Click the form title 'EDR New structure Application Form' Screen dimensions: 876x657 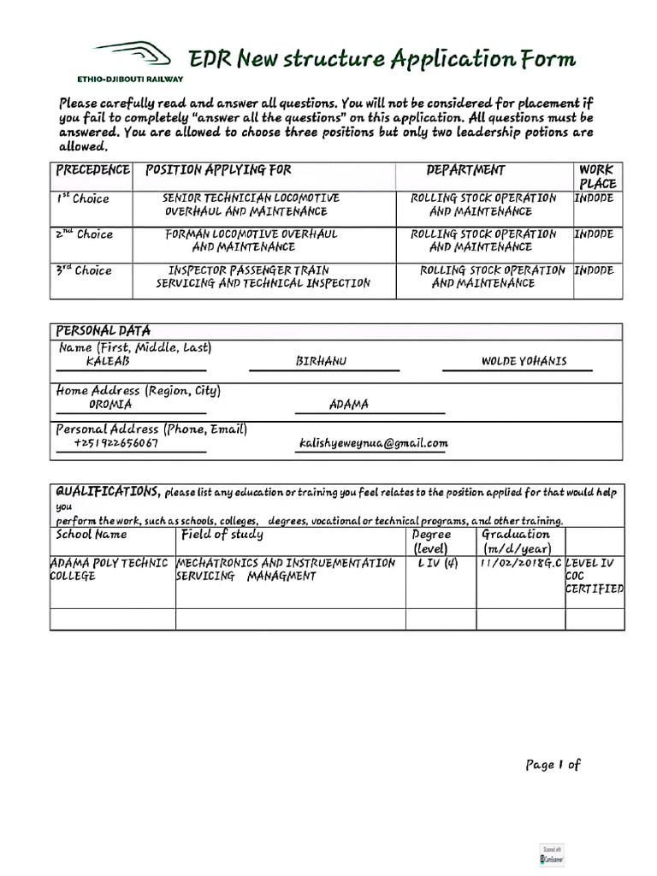(382, 58)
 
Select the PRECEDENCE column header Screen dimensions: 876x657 (93, 170)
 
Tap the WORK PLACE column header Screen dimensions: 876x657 (597, 177)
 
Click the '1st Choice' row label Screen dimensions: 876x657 (84, 198)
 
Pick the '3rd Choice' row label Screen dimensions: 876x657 (84, 270)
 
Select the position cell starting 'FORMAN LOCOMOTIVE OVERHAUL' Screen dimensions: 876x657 (251, 240)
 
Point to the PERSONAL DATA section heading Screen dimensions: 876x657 (103, 330)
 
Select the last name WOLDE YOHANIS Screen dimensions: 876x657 (524, 362)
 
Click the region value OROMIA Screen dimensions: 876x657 (110, 405)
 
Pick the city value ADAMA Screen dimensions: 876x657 (349, 405)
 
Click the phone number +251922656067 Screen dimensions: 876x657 (115, 443)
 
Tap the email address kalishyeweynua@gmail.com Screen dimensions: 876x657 (373, 443)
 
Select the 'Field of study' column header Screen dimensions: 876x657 (222, 535)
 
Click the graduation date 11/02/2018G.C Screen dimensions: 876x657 (522, 563)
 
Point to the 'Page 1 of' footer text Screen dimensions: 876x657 (553, 765)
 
